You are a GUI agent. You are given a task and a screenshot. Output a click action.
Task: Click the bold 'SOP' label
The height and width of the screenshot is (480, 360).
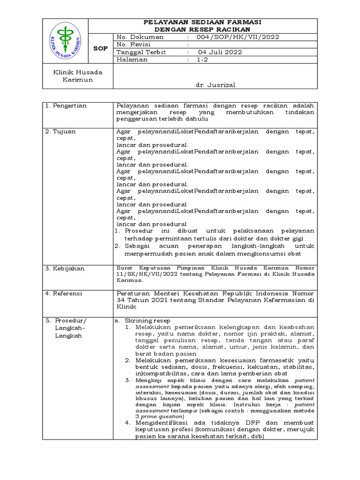[101, 48]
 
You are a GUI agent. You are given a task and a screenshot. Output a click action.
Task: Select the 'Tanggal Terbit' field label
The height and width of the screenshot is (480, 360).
[141, 52]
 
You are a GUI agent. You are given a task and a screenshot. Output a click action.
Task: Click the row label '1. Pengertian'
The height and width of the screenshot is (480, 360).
[67, 106]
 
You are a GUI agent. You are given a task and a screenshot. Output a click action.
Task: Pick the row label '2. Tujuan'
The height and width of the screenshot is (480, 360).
[60, 132]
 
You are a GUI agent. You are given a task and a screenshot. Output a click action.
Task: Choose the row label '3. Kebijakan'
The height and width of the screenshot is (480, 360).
[65, 269]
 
